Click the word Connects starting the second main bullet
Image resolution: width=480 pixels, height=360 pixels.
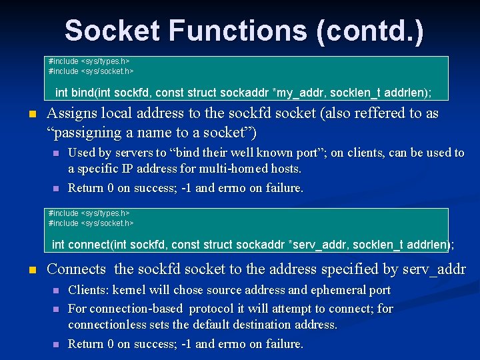[77, 269]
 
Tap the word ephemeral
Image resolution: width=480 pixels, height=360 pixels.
[327, 290]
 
